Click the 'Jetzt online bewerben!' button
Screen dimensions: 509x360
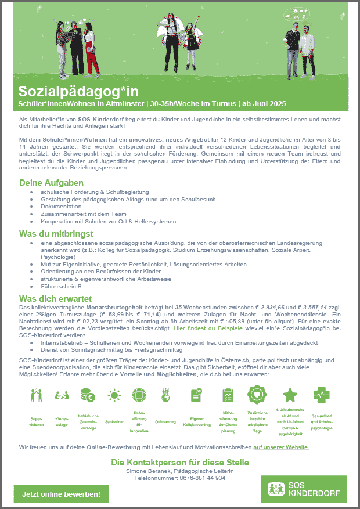pos(61,494)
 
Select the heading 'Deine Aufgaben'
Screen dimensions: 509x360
pos(51,183)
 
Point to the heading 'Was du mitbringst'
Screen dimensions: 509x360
pos(57,234)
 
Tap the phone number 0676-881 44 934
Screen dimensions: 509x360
pos(179,478)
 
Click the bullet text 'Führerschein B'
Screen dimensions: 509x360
pos(61,286)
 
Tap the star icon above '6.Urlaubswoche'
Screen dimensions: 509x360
pos(290,395)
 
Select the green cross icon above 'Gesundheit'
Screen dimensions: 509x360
pos(321,395)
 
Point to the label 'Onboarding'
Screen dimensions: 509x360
pos(165,422)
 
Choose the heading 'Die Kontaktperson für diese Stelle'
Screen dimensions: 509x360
pos(180,462)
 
